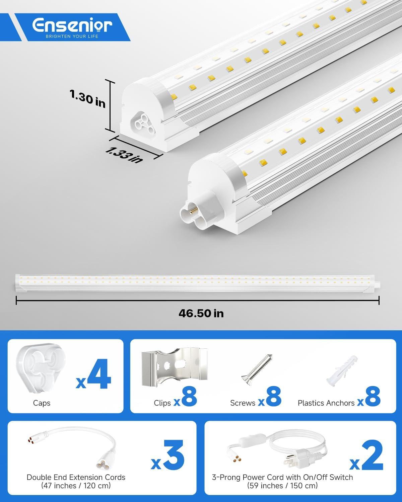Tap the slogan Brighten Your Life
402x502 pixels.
coord(72,36)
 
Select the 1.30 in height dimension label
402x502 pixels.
coord(87,99)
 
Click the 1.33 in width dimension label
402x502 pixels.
coord(124,155)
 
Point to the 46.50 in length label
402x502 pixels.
coord(201,313)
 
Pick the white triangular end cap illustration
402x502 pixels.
coord(41,368)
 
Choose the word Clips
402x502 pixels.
coord(162,403)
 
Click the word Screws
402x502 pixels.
coord(243,403)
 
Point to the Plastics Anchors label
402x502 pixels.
coord(326,403)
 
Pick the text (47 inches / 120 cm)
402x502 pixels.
coord(76,486)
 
